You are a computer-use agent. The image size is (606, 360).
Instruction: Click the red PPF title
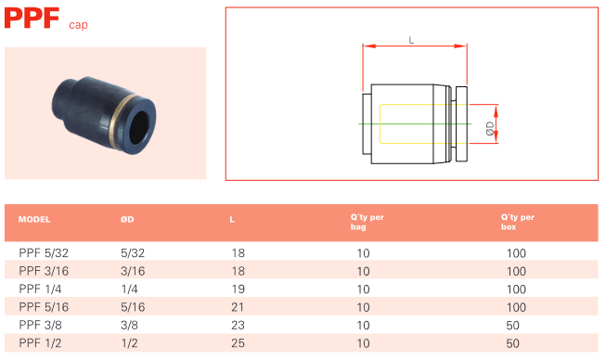pos(32,19)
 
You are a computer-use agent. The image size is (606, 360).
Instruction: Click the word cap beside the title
pos(78,25)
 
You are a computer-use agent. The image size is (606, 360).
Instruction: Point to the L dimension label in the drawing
pos(411,40)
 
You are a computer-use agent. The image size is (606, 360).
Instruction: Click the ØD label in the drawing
pos(490,129)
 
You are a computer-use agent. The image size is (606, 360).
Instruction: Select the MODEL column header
pos(34,219)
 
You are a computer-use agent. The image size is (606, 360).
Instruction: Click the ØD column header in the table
pos(127,219)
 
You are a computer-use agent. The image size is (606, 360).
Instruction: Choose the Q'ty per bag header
pos(367,222)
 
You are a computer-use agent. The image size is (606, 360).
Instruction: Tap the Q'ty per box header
pos(518,222)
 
